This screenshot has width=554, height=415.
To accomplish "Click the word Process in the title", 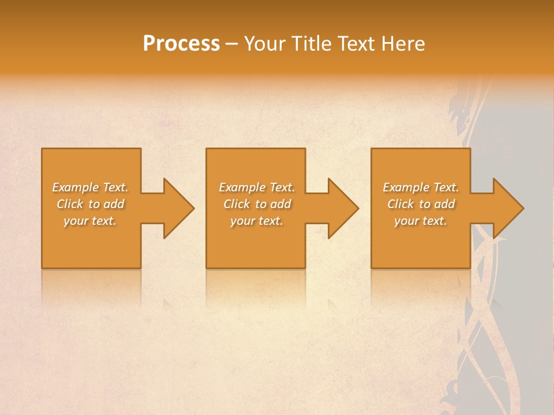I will click(181, 44).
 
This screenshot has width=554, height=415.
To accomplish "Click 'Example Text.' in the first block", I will click(90, 187).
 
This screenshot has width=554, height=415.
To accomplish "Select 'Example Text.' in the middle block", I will click(257, 187).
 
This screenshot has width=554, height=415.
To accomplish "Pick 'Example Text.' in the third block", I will click(421, 187).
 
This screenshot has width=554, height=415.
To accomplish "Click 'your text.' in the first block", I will click(90, 221).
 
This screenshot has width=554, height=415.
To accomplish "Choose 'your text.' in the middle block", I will click(257, 221).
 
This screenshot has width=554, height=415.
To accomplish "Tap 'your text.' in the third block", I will click(421, 221).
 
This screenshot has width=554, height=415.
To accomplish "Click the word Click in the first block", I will click(70, 204).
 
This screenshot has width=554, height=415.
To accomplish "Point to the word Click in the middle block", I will click(237, 204).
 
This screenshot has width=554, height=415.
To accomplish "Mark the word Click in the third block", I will click(400, 204).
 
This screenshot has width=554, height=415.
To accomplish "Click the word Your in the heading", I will click(264, 44).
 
